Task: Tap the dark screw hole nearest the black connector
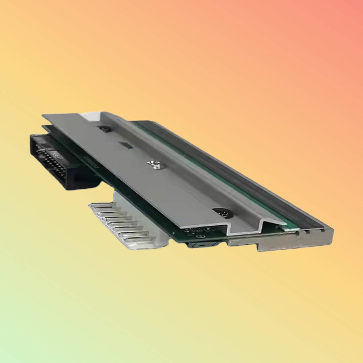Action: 104,129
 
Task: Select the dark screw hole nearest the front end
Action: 223,213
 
